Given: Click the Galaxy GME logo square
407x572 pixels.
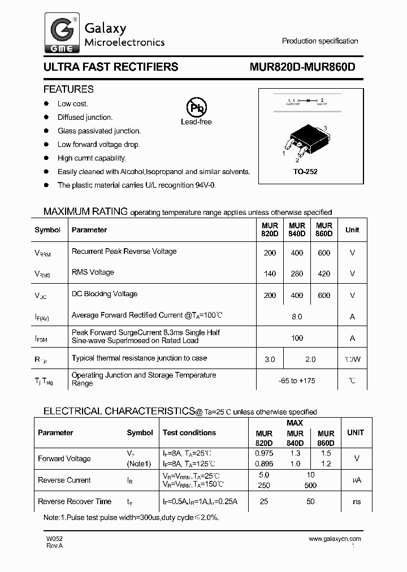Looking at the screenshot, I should pyautogui.click(x=62, y=34).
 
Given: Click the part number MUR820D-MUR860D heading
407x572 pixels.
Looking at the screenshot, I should pyautogui.click(x=302, y=67).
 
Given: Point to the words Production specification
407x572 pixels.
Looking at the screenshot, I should pyautogui.click(x=320, y=41).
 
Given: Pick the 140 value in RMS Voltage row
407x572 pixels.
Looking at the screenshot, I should pyautogui.click(x=270, y=274).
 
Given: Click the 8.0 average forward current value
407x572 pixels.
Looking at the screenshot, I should pyautogui.click(x=297, y=317).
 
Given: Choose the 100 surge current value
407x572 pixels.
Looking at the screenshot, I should pyautogui.click(x=297, y=338).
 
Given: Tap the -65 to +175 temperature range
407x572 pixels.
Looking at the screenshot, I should pyautogui.click(x=297, y=380).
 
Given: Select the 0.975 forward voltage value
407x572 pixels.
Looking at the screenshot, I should pyautogui.click(x=264, y=453).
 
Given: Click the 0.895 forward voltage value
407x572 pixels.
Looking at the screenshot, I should pyautogui.click(x=264, y=464).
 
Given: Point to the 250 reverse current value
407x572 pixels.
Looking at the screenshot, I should pyautogui.click(x=264, y=486).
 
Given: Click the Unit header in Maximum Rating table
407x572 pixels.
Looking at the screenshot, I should pyautogui.click(x=352, y=230).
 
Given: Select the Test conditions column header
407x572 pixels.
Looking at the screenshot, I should pyautogui.click(x=189, y=433).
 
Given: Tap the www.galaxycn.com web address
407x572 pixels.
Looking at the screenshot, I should pyautogui.click(x=335, y=539).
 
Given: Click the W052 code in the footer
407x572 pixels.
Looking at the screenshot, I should pyautogui.click(x=54, y=539).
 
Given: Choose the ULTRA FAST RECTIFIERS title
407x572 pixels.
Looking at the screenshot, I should pyautogui.click(x=111, y=67).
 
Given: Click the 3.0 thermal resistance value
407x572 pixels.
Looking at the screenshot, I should pyautogui.click(x=270, y=359).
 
